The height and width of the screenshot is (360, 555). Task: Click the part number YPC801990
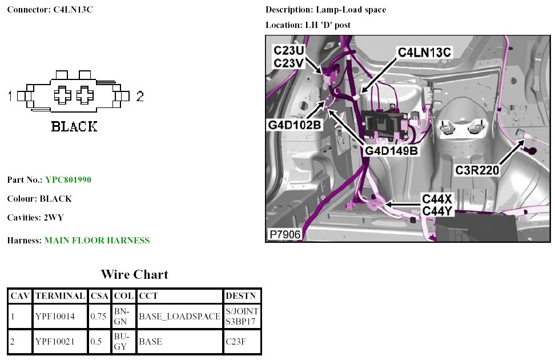[68, 180]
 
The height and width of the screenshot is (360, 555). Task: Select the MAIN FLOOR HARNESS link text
[96, 241]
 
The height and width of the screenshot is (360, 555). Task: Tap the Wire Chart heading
[134, 274]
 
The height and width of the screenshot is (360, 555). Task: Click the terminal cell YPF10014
[55, 317]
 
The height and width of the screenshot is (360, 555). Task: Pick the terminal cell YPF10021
[55, 342]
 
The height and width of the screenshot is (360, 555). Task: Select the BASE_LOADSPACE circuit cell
[179, 317]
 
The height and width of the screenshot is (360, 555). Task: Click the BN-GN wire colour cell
[122, 317]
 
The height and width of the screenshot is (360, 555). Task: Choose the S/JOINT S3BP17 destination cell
[242, 317]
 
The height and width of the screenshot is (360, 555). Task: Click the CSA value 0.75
[98, 317]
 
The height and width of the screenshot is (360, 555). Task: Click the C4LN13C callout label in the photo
[425, 53]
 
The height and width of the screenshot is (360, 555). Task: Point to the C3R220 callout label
[477, 170]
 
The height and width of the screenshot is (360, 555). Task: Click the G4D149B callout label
[392, 151]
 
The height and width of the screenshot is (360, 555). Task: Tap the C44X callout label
[437, 199]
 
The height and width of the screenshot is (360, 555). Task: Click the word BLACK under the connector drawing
[74, 126]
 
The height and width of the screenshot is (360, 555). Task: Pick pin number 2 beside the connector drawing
[140, 97]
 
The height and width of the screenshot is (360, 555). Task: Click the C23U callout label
[289, 50]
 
